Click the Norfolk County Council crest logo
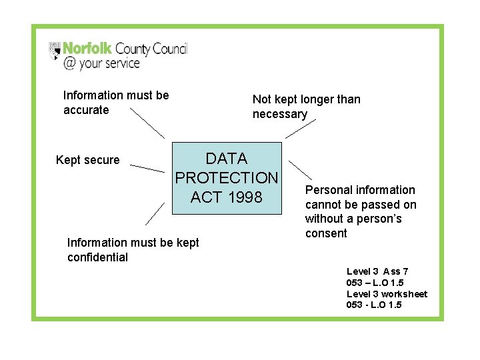click(x=55, y=49)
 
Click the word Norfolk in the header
click(x=87, y=49)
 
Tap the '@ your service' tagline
click(x=101, y=63)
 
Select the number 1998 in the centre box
click(x=244, y=197)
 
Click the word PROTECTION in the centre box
click(x=226, y=178)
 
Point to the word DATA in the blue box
click(x=227, y=159)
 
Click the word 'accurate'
click(x=86, y=110)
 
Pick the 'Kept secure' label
click(x=88, y=160)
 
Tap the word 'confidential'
click(x=97, y=257)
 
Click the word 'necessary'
click(x=280, y=114)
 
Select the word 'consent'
click(x=326, y=233)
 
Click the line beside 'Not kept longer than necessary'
click(x=300, y=130)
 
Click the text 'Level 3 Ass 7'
click(x=377, y=271)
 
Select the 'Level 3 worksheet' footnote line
click(x=387, y=294)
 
